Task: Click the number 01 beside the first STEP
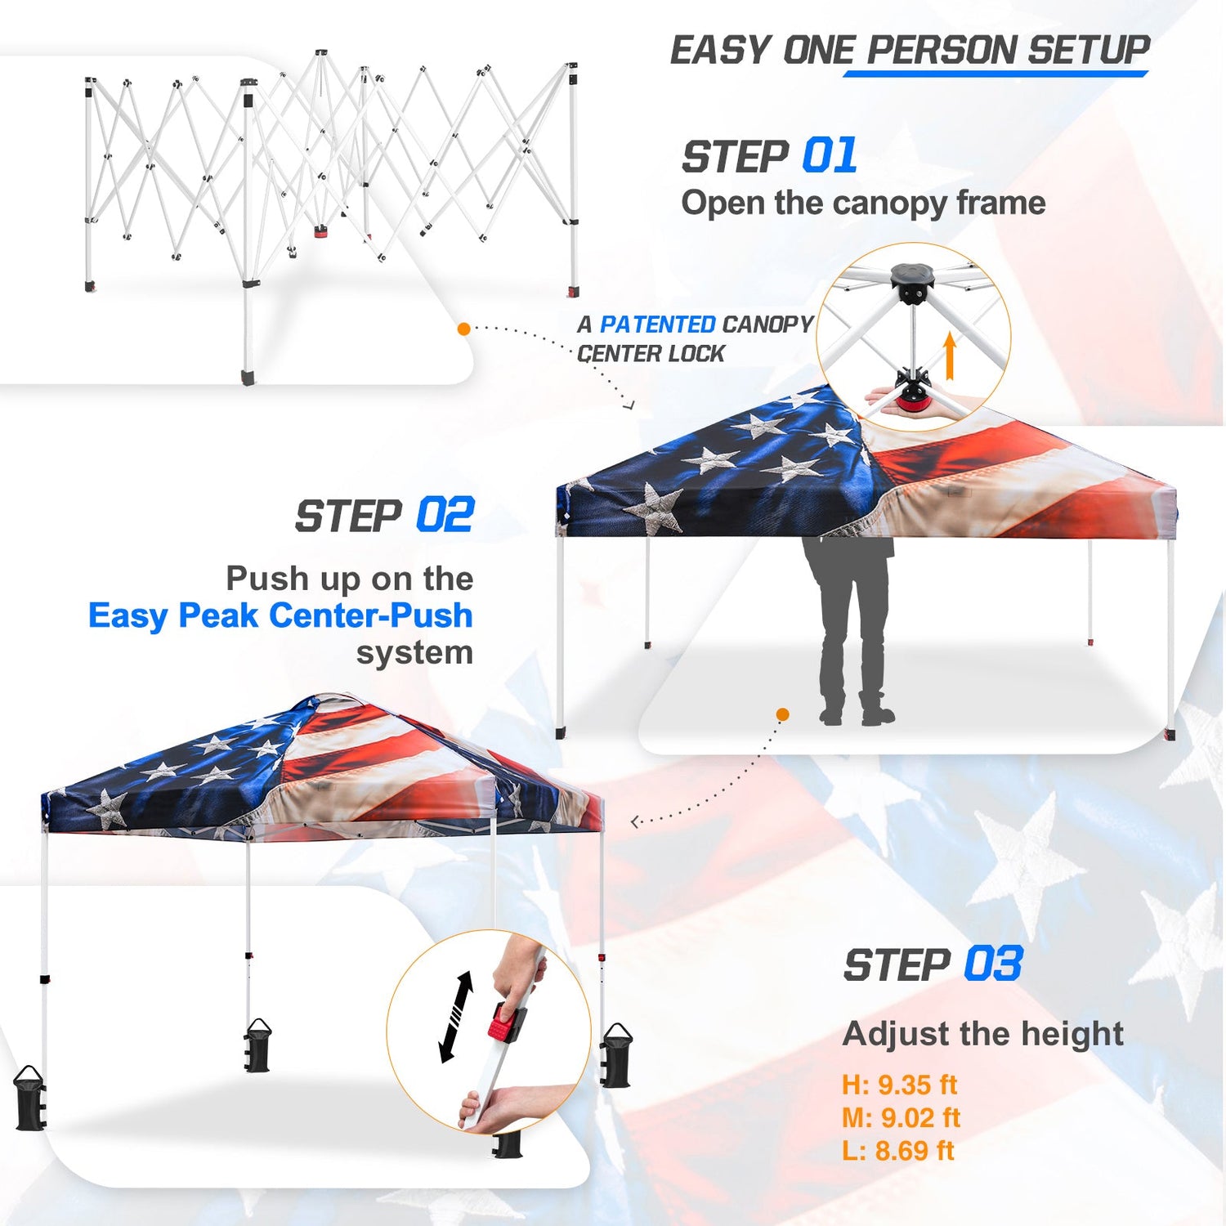[x=830, y=155]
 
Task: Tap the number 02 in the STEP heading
[x=445, y=516]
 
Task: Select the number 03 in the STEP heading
[x=993, y=964]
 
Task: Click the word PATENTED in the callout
[x=658, y=324]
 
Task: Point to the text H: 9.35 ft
[x=899, y=1085]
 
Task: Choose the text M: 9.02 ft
[x=901, y=1117]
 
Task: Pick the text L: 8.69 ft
[x=897, y=1150]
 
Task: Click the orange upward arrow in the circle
[x=949, y=356]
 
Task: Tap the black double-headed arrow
[x=456, y=1017]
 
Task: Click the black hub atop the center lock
[x=913, y=282]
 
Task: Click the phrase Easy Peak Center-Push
[x=280, y=615]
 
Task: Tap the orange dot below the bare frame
[x=463, y=329]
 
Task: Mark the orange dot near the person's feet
[x=782, y=714]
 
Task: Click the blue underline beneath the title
[x=996, y=74]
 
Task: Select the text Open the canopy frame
[x=863, y=203]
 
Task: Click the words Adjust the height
[x=982, y=1034]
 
